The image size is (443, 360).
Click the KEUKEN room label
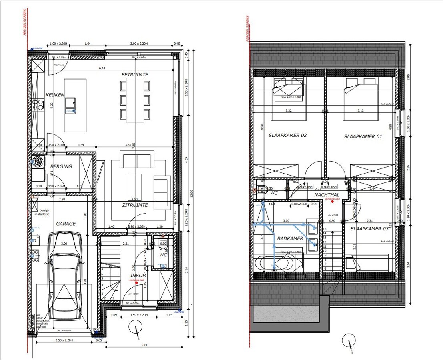(55, 95)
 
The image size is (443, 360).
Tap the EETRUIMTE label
(135, 75)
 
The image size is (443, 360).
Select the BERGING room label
(61, 166)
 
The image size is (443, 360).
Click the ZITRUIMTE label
(135, 205)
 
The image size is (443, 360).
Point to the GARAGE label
(66, 224)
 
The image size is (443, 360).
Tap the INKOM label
(138, 276)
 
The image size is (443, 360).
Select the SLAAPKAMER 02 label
(287, 136)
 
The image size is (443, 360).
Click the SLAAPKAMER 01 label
(363, 136)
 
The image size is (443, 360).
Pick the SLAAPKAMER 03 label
(369, 229)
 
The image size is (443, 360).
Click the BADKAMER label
(290, 238)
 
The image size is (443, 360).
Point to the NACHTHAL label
(327, 195)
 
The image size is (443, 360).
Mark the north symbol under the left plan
(136, 328)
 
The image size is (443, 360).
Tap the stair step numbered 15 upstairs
(325, 229)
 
